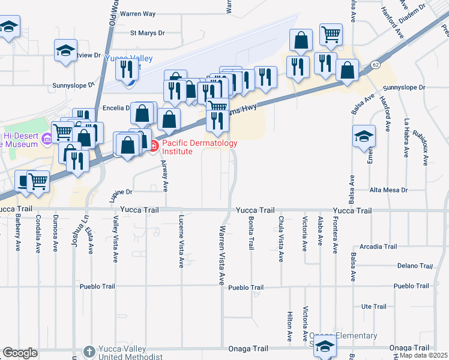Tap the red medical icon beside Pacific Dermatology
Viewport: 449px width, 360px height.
pyautogui.click(x=153, y=145)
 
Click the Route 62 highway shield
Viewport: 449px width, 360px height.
pyautogui.click(x=375, y=64)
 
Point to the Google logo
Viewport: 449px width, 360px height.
pyautogui.click(x=20, y=353)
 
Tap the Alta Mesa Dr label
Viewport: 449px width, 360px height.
pyautogui.click(x=388, y=190)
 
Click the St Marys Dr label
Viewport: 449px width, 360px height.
pyautogui.click(x=147, y=34)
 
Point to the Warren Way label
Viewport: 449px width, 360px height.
pyautogui.click(x=137, y=13)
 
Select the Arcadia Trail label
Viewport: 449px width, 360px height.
pyautogui.click(x=378, y=247)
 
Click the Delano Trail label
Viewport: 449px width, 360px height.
pyautogui.click(x=415, y=266)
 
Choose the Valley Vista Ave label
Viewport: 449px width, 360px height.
pyautogui.click(x=115, y=239)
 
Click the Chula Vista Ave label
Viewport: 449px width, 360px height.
pyautogui.click(x=280, y=239)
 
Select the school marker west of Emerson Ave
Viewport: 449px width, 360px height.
pyautogui.click(x=364, y=135)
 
